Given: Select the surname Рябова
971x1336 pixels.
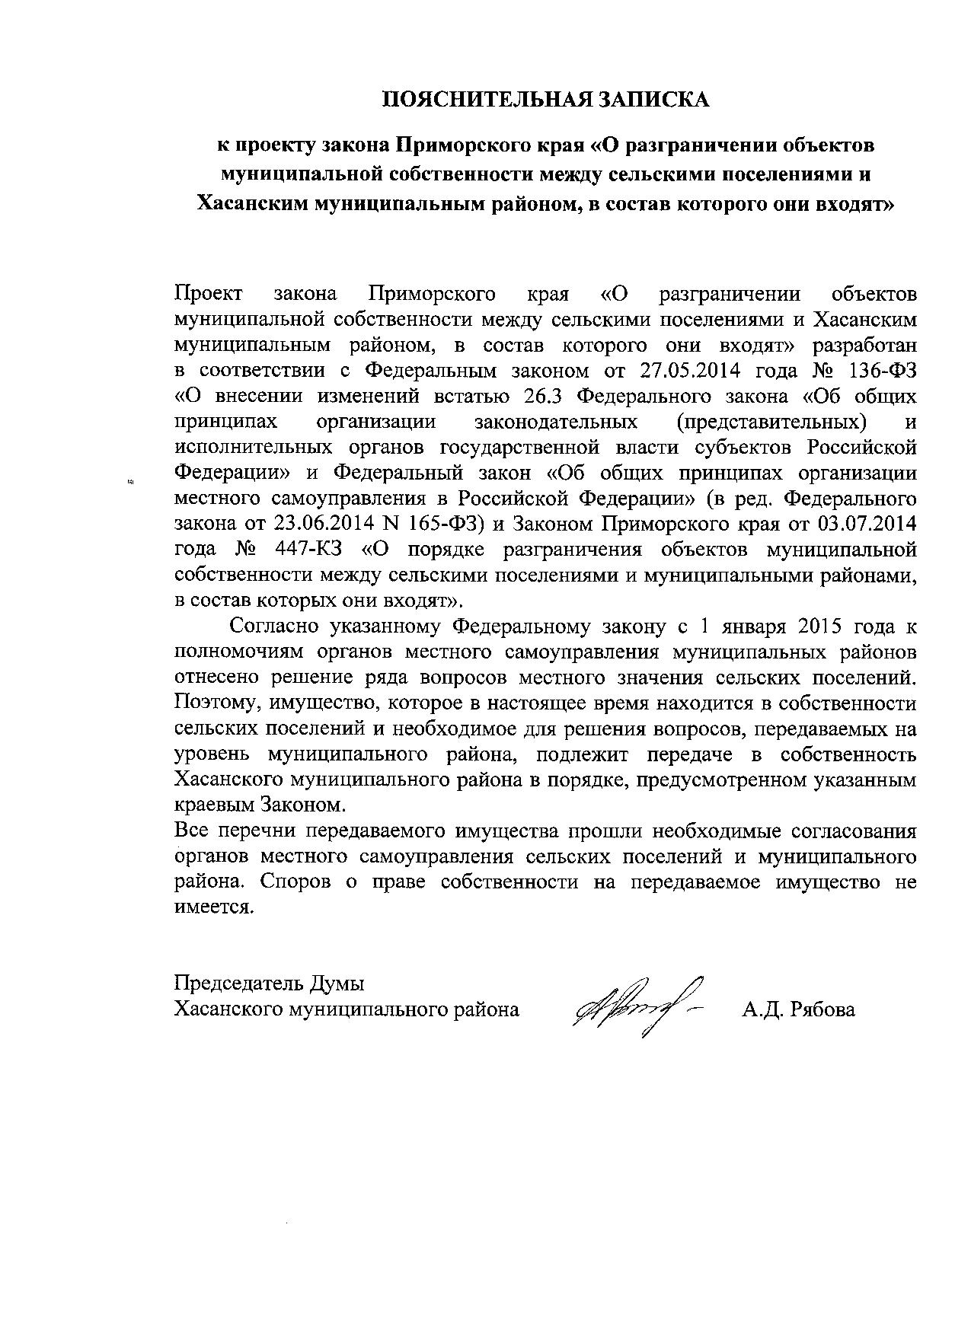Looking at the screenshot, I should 823,1010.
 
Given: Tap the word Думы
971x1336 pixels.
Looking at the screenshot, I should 337,984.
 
